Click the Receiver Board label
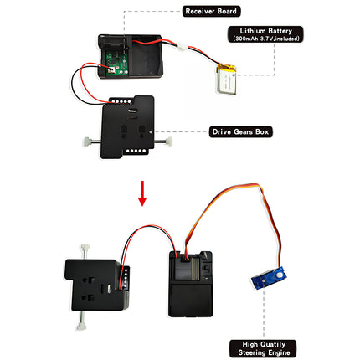(x=211, y=11)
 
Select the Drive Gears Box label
(x=240, y=131)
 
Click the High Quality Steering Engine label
(x=264, y=348)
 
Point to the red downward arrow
(x=142, y=193)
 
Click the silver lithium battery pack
(x=226, y=80)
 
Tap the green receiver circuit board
(x=116, y=64)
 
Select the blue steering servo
(x=269, y=279)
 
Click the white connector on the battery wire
(x=183, y=47)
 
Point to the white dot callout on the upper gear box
(x=151, y=131)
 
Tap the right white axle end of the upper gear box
(x=168, y=141)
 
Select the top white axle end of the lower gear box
(x=85, y=248)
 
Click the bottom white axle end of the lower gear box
(x=80, y=326)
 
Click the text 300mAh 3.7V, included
(x=265, y=39)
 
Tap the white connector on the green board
(x=111, y=69)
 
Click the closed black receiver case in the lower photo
(x=191, y=284)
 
